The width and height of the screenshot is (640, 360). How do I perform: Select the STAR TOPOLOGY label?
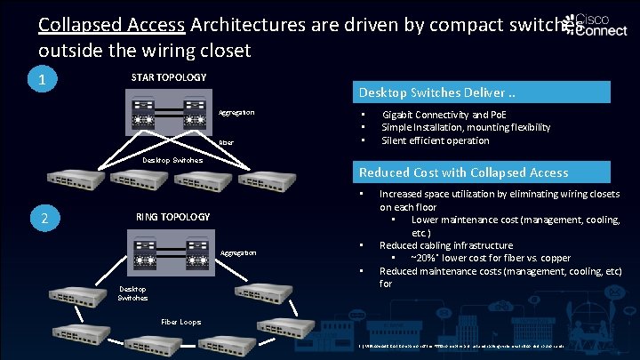[169, 78]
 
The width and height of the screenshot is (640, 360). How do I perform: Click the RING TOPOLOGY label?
[173, 217]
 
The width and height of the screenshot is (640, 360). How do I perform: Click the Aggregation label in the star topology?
[236, 113]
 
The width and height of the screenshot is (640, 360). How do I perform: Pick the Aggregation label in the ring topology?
[238, 254]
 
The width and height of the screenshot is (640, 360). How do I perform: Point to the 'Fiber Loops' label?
[181, 322]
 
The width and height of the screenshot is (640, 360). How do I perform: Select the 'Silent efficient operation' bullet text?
[435, 140]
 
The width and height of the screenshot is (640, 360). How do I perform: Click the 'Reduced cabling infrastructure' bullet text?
[445, 245]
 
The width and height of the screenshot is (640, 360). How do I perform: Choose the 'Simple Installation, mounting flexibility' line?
[465, 128]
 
